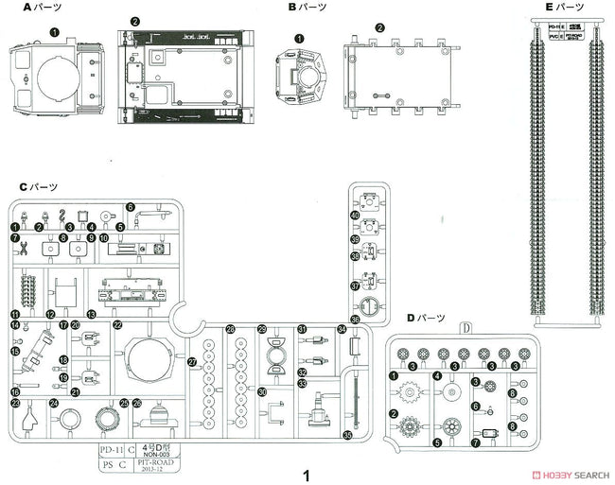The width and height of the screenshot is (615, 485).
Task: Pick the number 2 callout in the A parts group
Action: coord(135,21)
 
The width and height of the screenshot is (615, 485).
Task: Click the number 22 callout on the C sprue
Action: coord(117,324)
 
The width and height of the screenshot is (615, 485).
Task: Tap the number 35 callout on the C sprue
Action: coord(346,436)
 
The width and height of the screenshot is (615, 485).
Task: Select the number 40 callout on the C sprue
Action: coord(355,217)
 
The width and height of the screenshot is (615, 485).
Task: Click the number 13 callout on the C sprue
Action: coord(91,314)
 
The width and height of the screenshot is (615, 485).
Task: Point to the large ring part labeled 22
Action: coord(147,362)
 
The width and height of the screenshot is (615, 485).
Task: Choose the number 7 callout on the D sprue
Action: coord(474,442)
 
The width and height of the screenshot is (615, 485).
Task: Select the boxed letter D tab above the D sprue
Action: coord(466,328)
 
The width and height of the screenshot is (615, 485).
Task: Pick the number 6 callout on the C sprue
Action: coord(131,207)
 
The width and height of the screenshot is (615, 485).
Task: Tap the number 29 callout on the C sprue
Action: coord(261,329)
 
